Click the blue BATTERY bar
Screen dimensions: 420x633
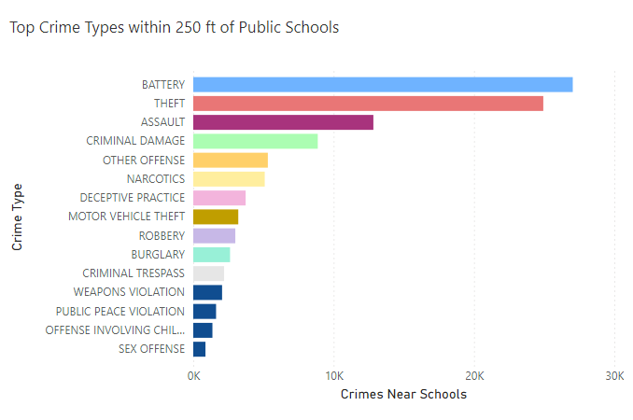click(x=383, y=85)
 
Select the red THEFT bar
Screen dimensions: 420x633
click(x=368, y=104)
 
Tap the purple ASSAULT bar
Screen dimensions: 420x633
click(x=283, y=122)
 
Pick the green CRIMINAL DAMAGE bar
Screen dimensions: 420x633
click(x=255, y=141)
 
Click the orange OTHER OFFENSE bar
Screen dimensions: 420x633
click(x=231, y=160)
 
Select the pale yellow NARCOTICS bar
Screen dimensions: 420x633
click(x=229, y=179)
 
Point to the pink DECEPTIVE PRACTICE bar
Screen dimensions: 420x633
click(x=219, y=198)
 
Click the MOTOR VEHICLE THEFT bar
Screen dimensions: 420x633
click(x=216, y=217)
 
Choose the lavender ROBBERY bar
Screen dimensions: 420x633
click(x=214, y=236)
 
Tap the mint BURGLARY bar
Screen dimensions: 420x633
click(x=212, y=255)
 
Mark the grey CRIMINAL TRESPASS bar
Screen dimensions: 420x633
click(x=208, y=273)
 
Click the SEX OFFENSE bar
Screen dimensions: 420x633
click(x=199, y=349)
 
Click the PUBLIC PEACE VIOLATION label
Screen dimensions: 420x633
click(x=120, y=312)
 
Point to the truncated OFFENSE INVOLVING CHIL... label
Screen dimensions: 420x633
click(x=115, y=330)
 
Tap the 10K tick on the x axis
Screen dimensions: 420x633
click(x=333, y=375)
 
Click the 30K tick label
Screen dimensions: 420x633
click(x=613, y=375)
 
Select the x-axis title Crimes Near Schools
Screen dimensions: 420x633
click(x=403, y=395)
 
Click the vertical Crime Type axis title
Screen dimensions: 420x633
click(x=18, y=217)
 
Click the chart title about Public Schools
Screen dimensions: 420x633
click(x=174, y=27)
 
